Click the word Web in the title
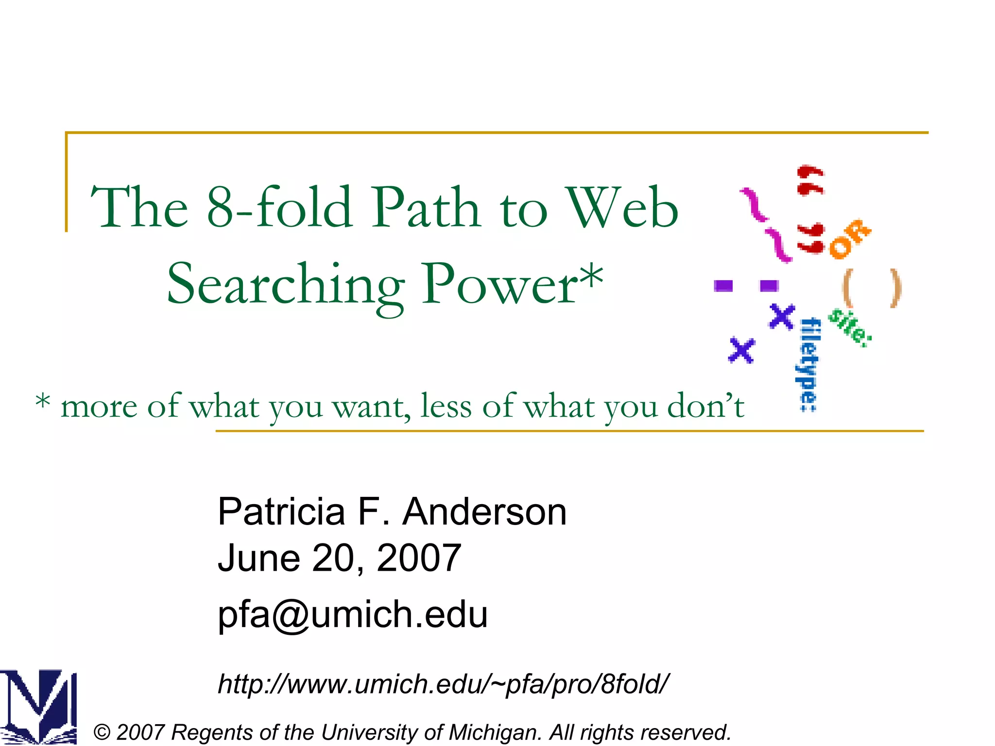pos(623,208)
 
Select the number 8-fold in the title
pos(279,208)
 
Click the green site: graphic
pos(850,328)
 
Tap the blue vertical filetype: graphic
pos(809,364)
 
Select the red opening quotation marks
pos(810,180)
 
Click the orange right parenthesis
pos(895,288)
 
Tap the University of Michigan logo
pos(38,707)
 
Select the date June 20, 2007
pos(339,558)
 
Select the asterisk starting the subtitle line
pos(43,401)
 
